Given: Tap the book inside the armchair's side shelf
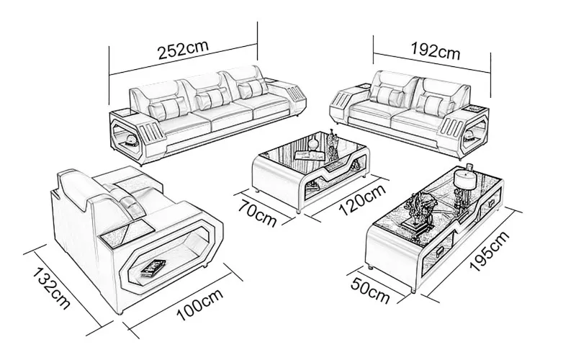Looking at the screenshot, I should (x=153, y=267).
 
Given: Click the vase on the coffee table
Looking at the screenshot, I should (x=332, y=147).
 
